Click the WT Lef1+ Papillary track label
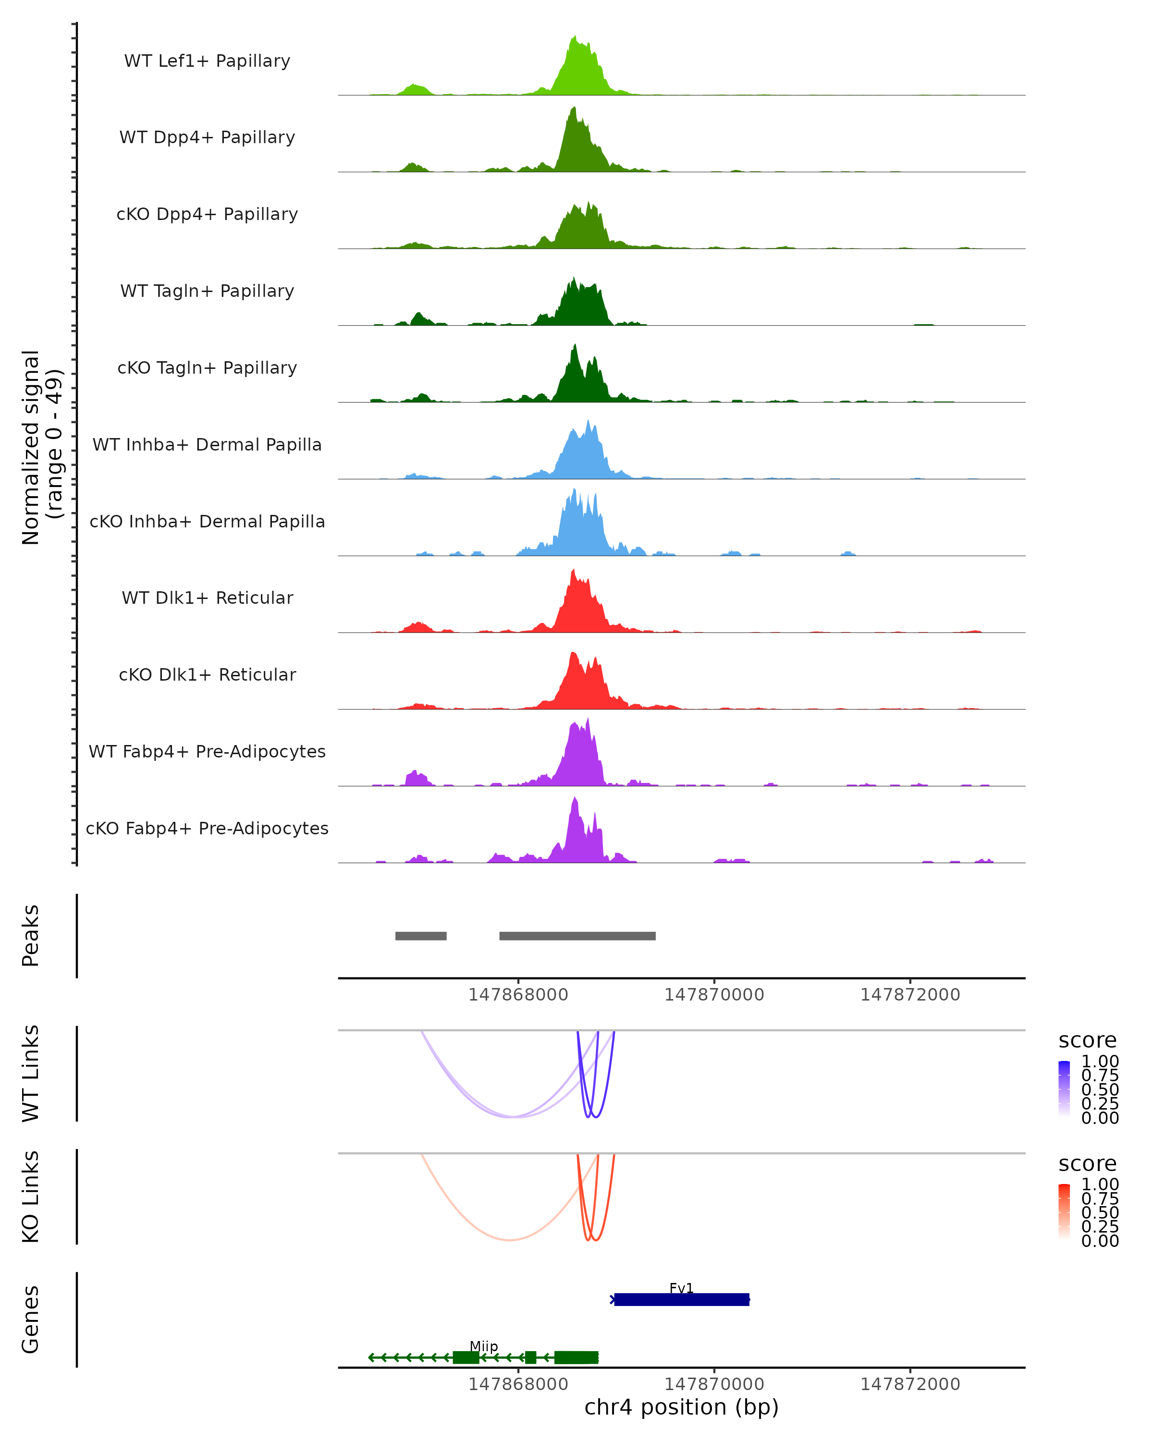pyautogui.click(x=207, y=61)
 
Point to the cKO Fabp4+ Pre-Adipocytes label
pyautogui.click(x=207, y=828)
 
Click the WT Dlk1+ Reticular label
pyautogui.click(x=207, y=598)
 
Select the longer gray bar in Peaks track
pyautogui.click(x=577, y=936)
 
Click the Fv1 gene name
pyautogui.click(x=681, y=1287)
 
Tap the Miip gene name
pyautogui.click(x=483, y=1346)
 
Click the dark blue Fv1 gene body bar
pyautogui.click(x=681, y=1300)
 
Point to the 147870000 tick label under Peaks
pyautogui.click(x=714, y=995)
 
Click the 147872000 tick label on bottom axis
pyautogui.click(x=910, y=1385)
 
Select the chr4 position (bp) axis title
pyautogui.click(x=681, y=1407)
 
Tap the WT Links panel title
pyautogui.click(x=31, y=1074)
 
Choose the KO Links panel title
pyautogui.click(x=31, y=1197)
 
